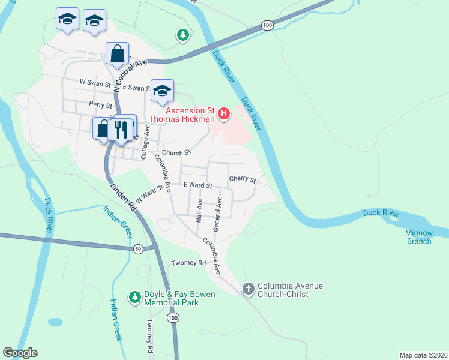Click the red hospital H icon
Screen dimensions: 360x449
click(224, 112)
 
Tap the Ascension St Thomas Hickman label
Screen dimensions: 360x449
click(181, 115)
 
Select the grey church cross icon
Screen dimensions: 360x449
click(248, 290)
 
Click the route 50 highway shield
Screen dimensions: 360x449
click(138, 249)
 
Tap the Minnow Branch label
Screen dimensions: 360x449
click(418, 237)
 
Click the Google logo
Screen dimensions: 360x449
click(20, 353)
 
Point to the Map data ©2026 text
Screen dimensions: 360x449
click(424, 355)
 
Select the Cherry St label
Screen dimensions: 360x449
click(243, 179)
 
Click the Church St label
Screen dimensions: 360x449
click(176, 152)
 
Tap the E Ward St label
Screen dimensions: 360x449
click(198, 185)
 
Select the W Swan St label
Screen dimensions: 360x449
click(95, 82)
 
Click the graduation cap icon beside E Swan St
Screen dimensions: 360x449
click(162, 91)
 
